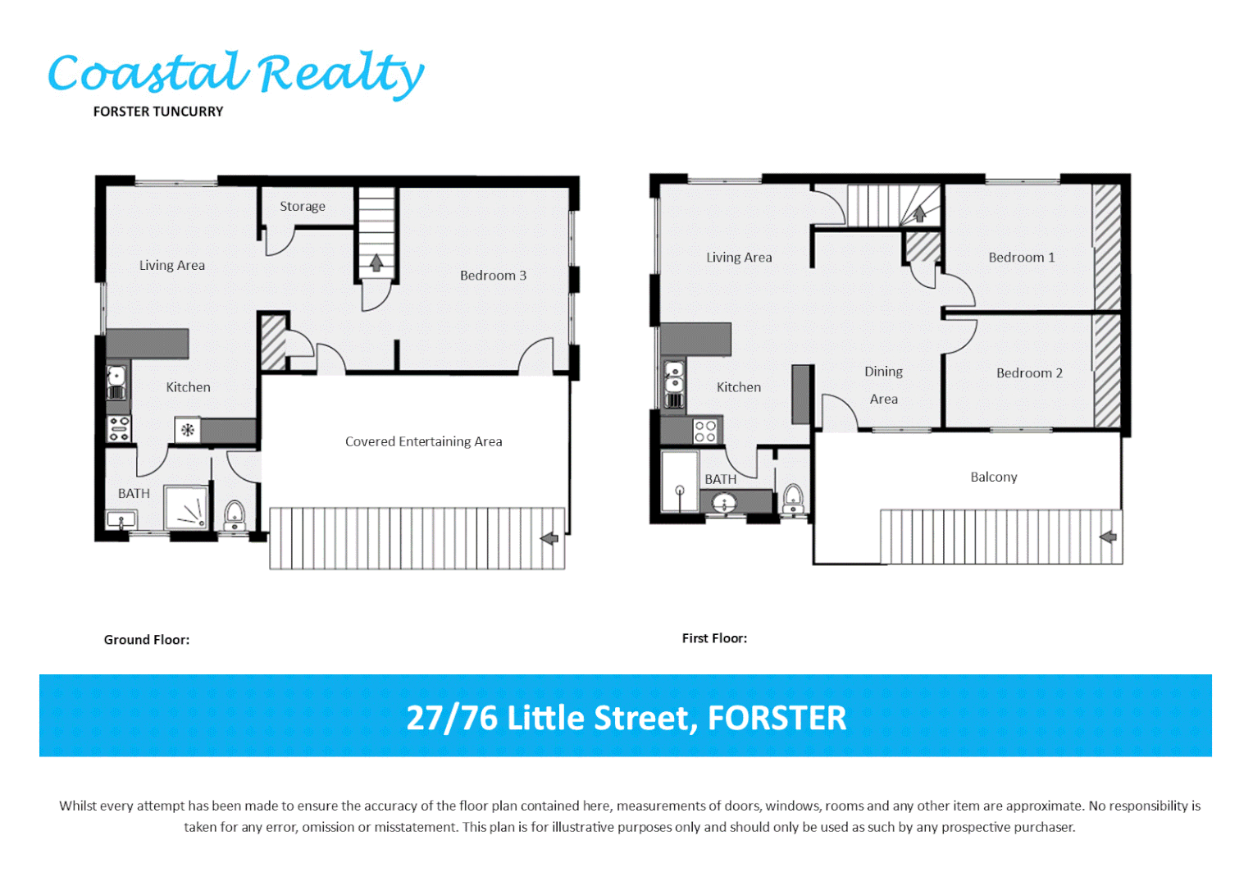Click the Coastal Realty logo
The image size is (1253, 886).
click(x=236, y=74)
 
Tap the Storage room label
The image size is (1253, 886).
click(x=302, y=207)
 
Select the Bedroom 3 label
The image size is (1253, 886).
click(x=493, y=276)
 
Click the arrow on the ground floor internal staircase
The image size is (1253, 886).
click(x=376, y=263)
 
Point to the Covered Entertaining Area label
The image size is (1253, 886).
click(x=423, y=441)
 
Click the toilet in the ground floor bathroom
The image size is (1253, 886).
click(x=235, y=514)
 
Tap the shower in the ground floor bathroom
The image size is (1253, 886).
click(x=187, y=507)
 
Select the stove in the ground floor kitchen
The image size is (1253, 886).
click(x=119, y=428)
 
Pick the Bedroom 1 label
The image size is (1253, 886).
click(x=1021, y=258)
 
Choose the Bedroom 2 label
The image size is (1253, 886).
click(x=1029, y=373)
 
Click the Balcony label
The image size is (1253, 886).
click(x=993, y=477)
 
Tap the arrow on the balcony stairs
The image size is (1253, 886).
click(x=1108, y=537)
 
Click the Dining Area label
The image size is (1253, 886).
click(x=883, y=385)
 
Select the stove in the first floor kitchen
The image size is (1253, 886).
click(x=704, y=431)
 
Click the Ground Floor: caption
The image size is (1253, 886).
click(x=146, y=640)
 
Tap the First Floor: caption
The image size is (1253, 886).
click(x=714, y=638)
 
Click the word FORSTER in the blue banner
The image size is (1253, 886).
click(x=777, y=718)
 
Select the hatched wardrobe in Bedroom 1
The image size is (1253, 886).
click(x=1107, y=246)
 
